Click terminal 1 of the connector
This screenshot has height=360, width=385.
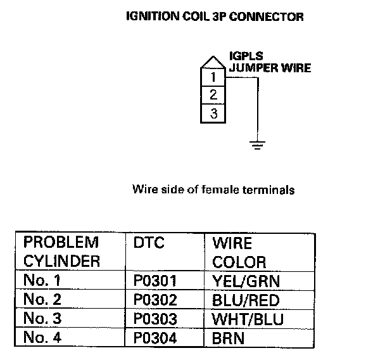pos(213,78)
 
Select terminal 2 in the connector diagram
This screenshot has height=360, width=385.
pos(213,96)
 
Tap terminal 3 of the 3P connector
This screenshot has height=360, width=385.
pos(213,114)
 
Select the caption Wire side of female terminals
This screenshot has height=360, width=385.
pos(213,189)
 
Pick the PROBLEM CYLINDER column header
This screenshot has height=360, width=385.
pos(61,252)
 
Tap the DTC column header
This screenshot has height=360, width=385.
pos(149,243)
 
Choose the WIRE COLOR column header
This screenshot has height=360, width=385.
pos(239,252)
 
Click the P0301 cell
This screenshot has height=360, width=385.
pos(155,280)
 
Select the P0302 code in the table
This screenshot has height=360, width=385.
pos(155,299)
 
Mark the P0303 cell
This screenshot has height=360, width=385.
pos(155,319)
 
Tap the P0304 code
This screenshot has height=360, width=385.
pos(155,338)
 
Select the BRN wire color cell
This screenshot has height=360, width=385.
pos(229,338)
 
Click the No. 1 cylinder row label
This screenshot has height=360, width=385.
pos(44,280)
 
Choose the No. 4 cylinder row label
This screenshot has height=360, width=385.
pos(44,338)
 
